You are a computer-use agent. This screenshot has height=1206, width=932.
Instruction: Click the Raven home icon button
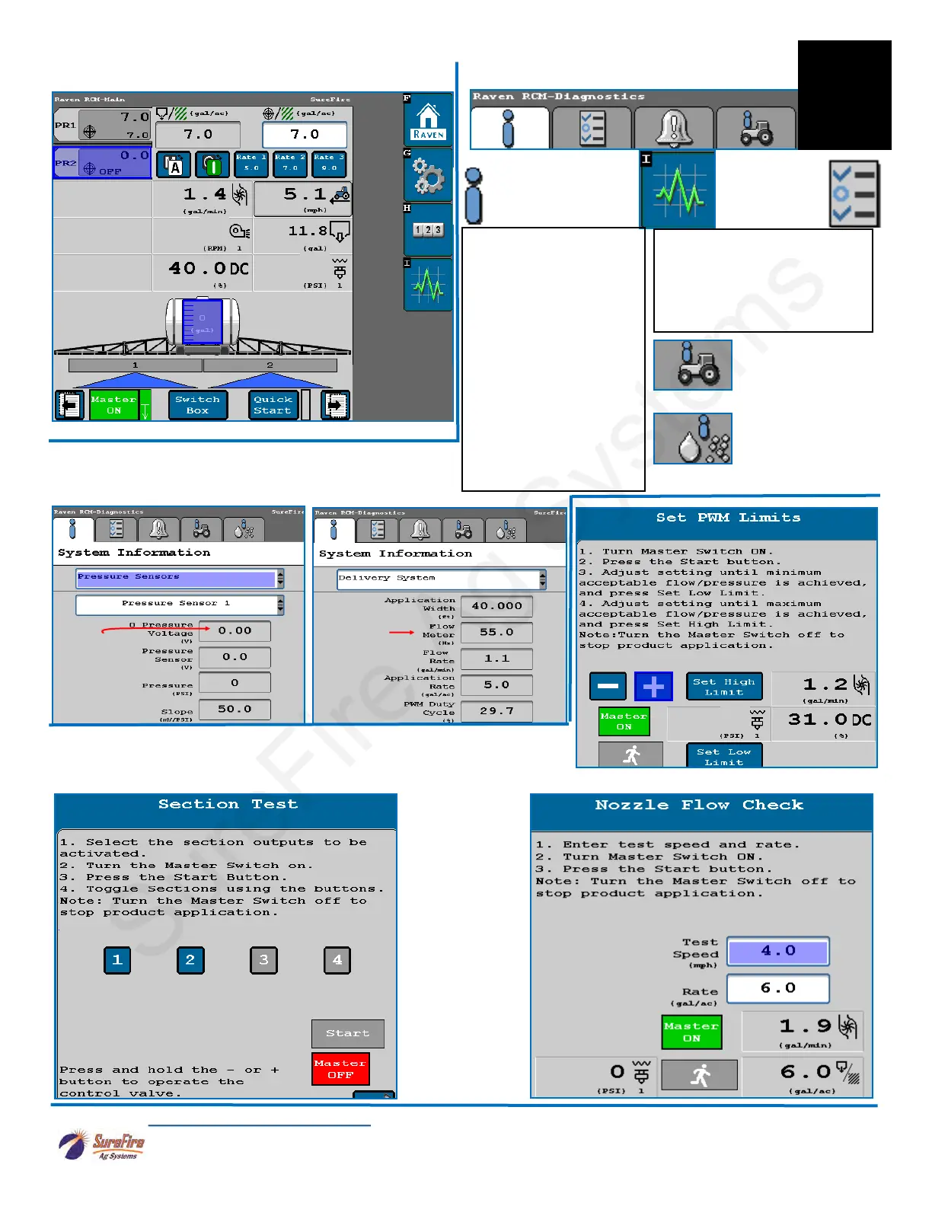(x=429, y=121)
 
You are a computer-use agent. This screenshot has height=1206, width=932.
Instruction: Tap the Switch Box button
(x=197, y=405)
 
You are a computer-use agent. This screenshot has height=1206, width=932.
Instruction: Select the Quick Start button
(x=273, y=405)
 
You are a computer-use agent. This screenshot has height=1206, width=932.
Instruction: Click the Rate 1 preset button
(x=251, y=164)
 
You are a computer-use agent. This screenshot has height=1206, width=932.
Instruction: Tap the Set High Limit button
(x=723, y=687)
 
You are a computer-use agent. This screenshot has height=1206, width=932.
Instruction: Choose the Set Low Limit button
(x=723, y=756)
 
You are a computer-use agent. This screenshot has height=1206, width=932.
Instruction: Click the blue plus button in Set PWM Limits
(x=653, y=687)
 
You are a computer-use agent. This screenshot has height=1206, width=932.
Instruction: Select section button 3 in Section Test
(x=263, y=960)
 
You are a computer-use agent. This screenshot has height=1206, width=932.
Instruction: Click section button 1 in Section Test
(x=117, y=960)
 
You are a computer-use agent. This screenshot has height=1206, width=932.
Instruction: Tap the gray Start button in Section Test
(x=347, y=1033)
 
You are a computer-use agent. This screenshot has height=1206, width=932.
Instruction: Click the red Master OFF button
(x=340, y=1069)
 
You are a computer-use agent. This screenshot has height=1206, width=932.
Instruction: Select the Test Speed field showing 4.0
(x=777, y=951)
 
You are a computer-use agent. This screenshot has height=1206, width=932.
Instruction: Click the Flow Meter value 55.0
(x=496, y=632)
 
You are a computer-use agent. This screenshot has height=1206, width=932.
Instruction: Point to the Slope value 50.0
(x=235, y=709)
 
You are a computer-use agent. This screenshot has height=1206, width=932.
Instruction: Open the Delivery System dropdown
(x=442, y=579)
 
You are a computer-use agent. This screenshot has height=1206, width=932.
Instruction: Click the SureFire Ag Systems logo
(x=102, y=1145)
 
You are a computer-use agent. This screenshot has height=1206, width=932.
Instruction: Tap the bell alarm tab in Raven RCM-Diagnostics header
(x=674, y=127)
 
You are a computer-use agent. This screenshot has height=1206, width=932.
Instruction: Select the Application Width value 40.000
(x=496, y=606)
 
